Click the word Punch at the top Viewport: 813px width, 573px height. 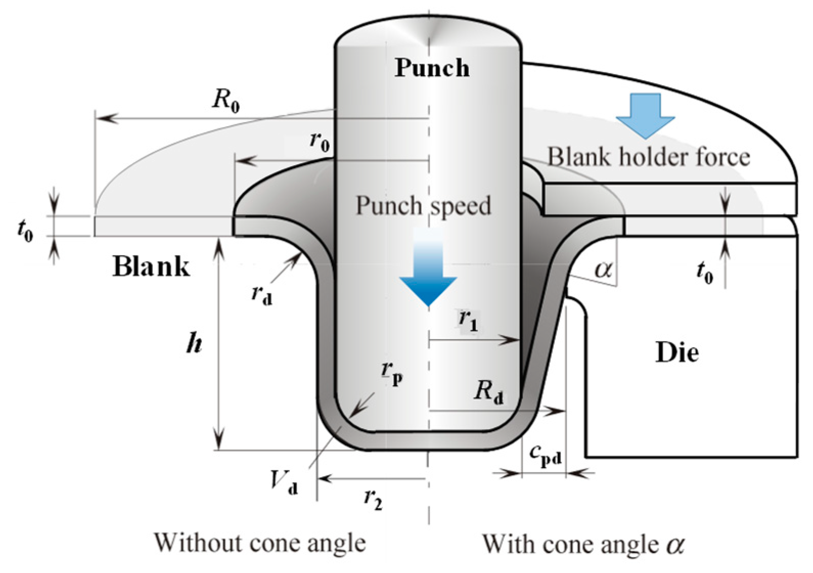pyautogui.click(x=432, y=68)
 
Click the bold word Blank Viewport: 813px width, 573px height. pyautogui.click(x=151, y=267)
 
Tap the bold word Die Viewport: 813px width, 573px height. pyautogui.click(x=677, y=352)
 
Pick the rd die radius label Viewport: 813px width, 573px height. pyautogui.click(x=261, y=294)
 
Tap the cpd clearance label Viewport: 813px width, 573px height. pyautogui.click(x=545, y=454)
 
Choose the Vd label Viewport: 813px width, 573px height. pyautogui.click(x=283, y=481)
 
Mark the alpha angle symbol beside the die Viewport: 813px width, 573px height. pyautogui.click(x=603, y=268)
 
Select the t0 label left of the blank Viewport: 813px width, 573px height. pyautogui.click(x=25, y=230)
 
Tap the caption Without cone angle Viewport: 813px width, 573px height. pyautogui.click(x=260, y=543)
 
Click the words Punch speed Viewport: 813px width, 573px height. pyautogui.click(x=423, y=206)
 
